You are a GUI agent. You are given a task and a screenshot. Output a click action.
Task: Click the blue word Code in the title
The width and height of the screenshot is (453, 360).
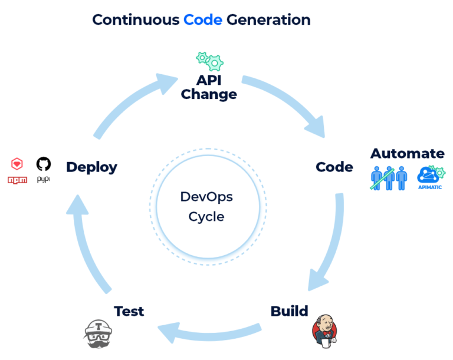202,19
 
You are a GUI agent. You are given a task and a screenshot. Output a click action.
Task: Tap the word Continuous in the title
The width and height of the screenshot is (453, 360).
136,19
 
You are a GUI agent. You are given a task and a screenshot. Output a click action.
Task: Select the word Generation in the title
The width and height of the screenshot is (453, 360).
268,19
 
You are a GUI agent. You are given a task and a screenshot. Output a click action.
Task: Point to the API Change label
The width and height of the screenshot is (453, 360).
209,87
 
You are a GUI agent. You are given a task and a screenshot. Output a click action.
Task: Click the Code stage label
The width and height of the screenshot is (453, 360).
334,167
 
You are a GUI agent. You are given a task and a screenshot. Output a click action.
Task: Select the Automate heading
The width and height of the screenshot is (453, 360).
407,154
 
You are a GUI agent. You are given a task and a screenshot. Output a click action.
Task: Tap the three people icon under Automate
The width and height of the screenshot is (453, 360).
389,178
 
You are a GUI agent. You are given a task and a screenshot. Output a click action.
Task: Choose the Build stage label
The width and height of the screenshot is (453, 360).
289,311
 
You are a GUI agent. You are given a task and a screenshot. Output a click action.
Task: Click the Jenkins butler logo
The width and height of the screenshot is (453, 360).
323,332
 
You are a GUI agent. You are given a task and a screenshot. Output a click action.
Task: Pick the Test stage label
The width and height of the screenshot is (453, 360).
129,311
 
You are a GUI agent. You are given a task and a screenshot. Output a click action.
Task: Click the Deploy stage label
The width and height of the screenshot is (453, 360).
91,167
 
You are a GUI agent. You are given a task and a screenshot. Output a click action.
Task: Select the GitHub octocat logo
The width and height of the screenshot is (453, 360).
43,163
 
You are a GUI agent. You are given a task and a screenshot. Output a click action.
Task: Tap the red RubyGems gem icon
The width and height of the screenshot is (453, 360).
17,163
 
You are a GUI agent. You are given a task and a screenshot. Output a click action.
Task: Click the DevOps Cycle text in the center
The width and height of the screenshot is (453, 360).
206,206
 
